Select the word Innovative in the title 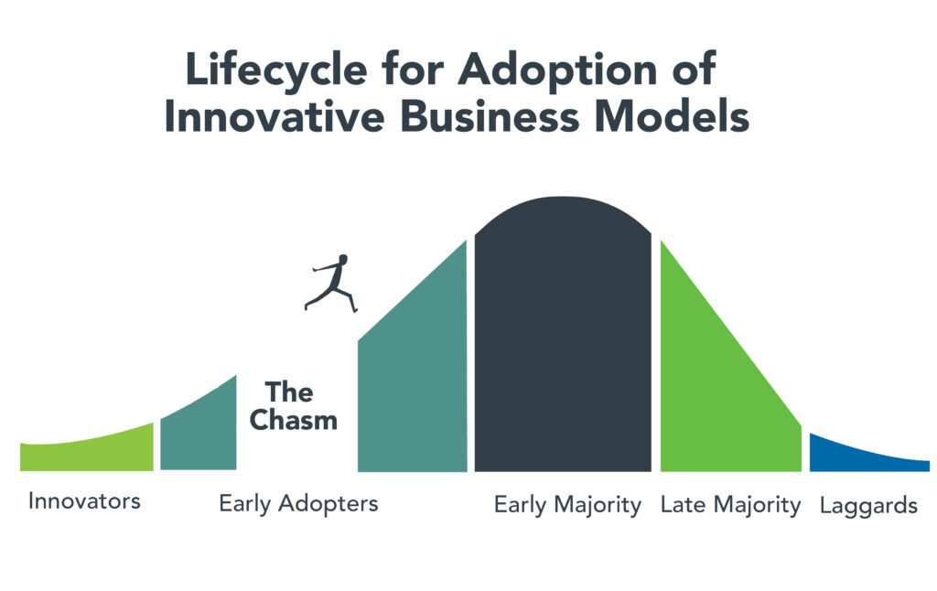tap(275, 116)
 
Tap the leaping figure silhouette tap(330, 284)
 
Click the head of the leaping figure tap(343, 259)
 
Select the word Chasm tap(294, 420)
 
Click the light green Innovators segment tap(87, 451)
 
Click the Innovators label tap(84, 500)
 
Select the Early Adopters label tap(299, 504)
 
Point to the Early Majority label tap(567, 506)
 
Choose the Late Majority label tap(730, 506)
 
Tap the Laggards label tap(868, 507)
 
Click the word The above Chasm tap(289, 392)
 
